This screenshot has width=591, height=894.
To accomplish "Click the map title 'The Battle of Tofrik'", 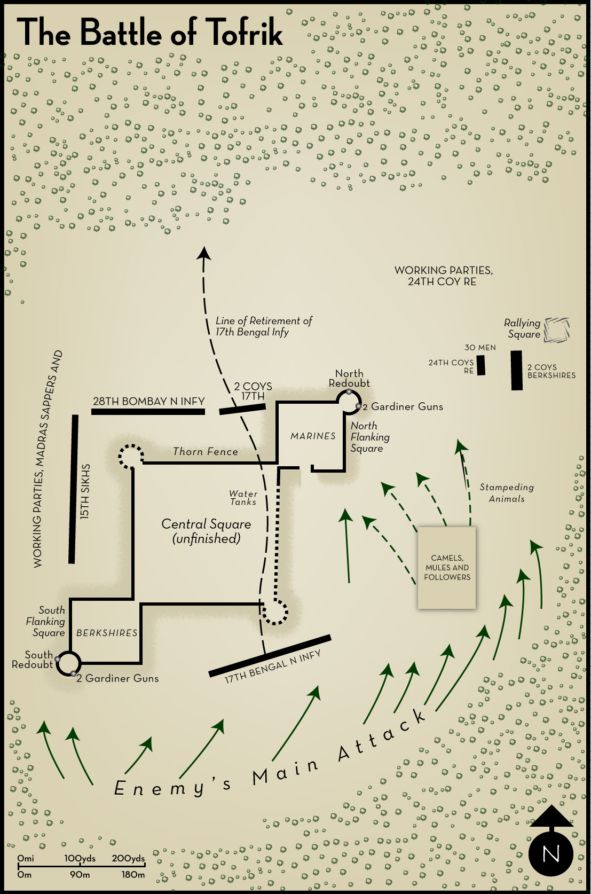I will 150,33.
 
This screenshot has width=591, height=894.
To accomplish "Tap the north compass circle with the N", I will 550,853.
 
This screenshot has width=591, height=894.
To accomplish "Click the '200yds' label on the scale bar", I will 128,858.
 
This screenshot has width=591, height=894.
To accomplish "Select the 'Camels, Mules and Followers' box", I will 447,567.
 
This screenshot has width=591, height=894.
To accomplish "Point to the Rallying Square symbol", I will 557,329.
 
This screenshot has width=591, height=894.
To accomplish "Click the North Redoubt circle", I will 349,402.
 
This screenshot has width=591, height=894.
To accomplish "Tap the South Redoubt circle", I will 68,664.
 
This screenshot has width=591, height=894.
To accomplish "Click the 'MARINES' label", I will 313,436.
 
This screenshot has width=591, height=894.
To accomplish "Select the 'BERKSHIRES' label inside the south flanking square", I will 107,633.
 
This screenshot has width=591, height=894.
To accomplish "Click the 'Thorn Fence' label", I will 206,452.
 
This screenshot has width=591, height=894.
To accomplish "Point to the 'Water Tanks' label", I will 243,498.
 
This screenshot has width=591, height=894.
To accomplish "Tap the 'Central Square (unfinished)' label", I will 206,531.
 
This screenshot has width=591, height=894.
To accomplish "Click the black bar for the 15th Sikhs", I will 73,489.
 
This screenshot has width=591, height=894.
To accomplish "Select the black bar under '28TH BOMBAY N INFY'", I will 148,412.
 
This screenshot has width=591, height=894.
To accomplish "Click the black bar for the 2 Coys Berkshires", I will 516,370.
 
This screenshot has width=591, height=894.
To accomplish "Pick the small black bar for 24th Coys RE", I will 481,365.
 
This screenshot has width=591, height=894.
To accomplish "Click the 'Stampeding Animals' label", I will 507,493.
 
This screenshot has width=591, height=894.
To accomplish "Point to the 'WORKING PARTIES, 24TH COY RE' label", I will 443,276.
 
